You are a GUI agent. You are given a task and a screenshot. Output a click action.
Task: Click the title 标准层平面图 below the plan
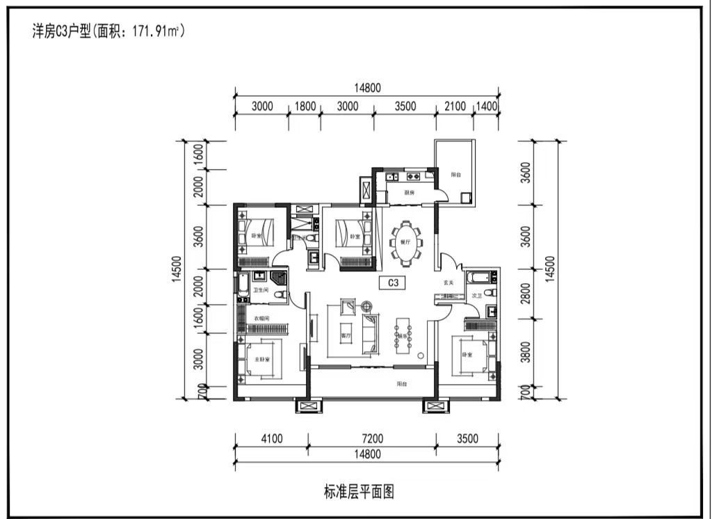pos(359,493)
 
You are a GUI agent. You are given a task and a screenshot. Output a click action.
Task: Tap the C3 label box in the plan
pos(393,283)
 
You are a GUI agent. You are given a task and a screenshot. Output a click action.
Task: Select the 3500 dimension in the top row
pos(405,106)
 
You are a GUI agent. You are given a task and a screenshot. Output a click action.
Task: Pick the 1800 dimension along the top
pos(305,106)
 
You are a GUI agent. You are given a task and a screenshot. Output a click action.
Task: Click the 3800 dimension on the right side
pos(526,353)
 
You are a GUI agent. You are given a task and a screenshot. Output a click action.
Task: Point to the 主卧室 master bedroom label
pos(261,360)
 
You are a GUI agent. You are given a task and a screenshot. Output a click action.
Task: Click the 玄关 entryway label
pos(448,282)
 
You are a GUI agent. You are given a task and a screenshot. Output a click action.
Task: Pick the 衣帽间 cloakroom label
pos(261,319)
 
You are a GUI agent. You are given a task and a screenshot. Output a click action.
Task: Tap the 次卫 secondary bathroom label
pos(476,296)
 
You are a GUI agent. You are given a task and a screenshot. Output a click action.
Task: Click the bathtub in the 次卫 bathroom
pos(479,278)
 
